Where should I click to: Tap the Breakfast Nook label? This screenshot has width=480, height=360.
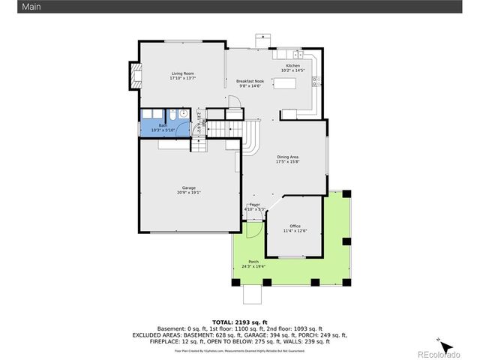(250, 83)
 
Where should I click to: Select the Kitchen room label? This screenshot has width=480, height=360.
(292, 67)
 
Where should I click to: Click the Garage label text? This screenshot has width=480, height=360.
(188, 190)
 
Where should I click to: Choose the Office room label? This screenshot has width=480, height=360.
(295, 228)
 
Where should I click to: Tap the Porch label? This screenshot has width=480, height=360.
(253, 263)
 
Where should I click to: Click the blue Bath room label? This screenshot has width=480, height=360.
(163, 127)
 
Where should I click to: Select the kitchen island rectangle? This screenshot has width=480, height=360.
(284, 83)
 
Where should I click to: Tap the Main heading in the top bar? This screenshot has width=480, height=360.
(10, 6)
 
